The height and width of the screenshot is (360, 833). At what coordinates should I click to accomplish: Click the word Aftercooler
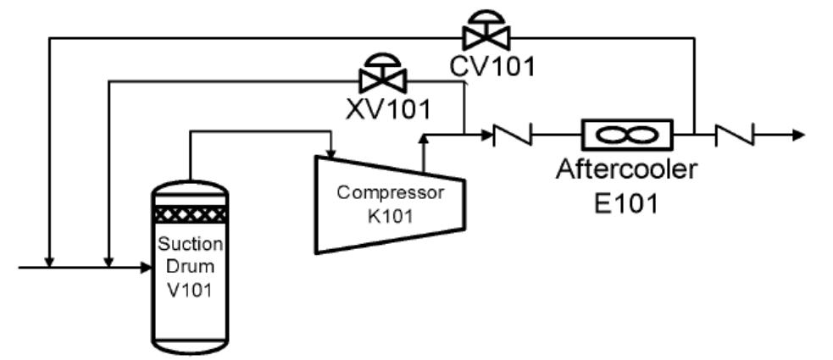(626, 169)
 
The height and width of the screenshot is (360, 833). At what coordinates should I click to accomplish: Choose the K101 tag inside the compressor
(391, 215)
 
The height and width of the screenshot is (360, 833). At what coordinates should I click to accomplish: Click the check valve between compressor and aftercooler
(513, 134)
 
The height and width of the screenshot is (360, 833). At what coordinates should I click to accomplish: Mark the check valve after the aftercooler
(735, 134)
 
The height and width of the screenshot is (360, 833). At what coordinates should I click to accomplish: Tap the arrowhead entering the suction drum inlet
(144, 268)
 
